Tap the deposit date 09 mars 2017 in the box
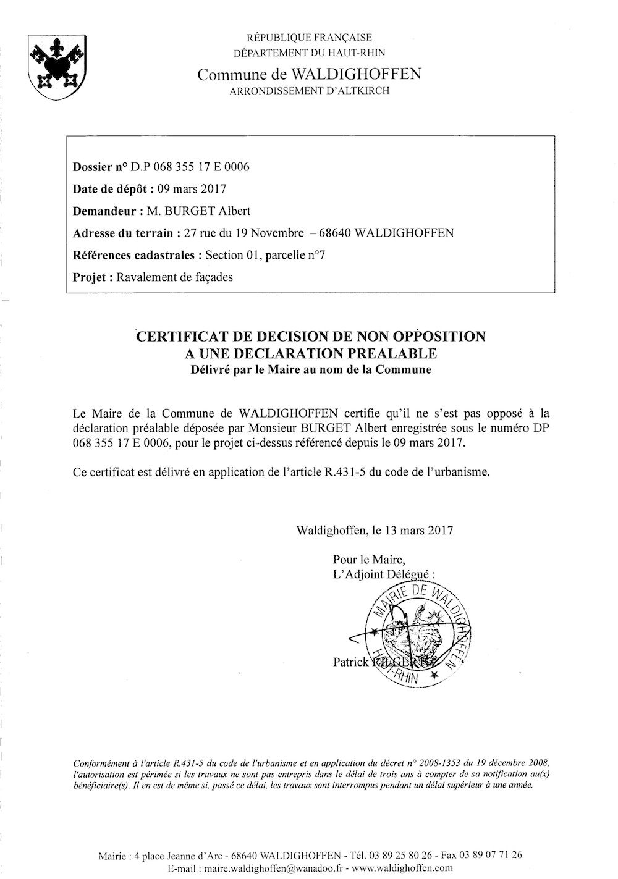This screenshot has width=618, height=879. tap(192, 189)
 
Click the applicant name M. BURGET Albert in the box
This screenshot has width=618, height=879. tap(198, 211)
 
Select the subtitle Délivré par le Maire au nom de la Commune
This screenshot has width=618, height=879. tap(310, 371)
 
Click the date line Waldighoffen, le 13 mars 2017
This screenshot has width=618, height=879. tap(375, 530)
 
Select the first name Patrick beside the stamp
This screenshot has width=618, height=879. tap(350, 662)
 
